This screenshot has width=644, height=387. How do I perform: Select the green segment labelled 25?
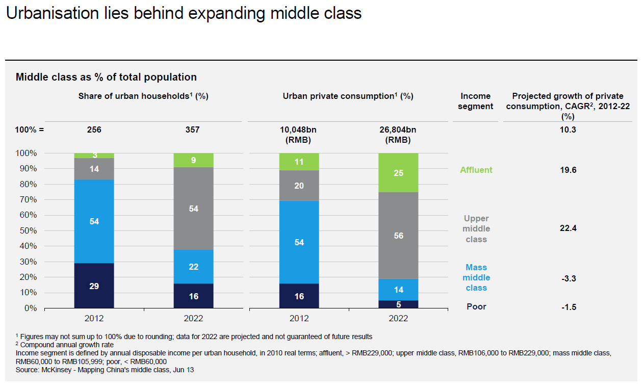(x=398, y=173)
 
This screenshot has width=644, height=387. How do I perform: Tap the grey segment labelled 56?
(x=398, y=236)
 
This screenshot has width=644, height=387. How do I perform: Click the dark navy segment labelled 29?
(x=94, y=286)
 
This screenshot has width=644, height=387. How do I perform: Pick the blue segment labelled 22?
(x=193, y=267)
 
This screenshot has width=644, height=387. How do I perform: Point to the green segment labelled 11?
(x=299, y=162)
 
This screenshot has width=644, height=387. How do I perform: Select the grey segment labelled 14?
(x=94, y=169)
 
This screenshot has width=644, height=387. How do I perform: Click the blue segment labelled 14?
(x=398, y=290)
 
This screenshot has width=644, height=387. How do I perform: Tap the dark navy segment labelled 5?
(x=398, y=304)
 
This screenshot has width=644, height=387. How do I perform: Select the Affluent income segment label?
(x=476, y=170)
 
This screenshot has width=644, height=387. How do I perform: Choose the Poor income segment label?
(x=476, y=306)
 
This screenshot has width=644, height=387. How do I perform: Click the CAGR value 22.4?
(x=568, y=228)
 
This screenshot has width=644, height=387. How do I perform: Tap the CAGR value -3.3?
(x=568, y=278)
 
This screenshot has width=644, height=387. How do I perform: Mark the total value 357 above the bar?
(x=193, y=130)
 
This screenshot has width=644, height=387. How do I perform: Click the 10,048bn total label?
(x=299, y=130)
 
